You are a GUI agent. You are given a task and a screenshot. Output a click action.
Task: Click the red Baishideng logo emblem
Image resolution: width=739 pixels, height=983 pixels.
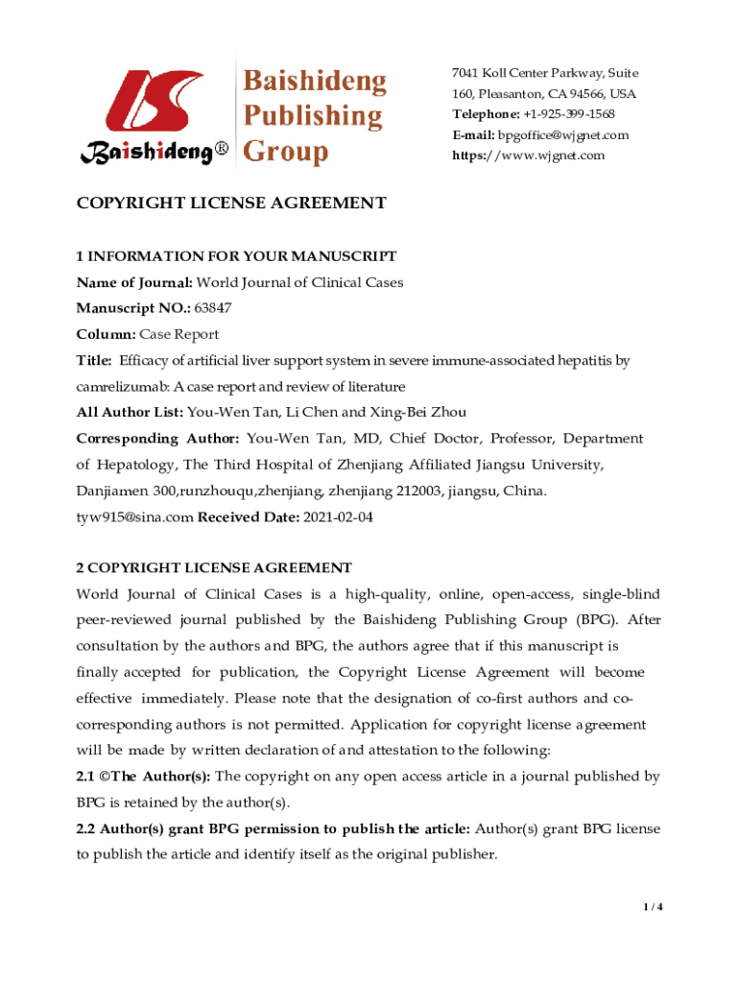tap(153, 103)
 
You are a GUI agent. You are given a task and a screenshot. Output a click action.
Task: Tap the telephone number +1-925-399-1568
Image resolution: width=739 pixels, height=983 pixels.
tap(569, 114)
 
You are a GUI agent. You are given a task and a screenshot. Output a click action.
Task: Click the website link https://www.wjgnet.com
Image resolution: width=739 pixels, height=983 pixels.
tap(529, 156)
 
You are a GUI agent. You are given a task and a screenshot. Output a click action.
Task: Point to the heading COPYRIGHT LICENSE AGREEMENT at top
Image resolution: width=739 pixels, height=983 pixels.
tap(231, 204)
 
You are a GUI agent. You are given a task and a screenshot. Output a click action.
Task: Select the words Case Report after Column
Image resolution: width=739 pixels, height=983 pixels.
tap(179, 334)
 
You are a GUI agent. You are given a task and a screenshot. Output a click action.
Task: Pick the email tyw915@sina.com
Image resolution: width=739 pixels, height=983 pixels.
tap(134, 516)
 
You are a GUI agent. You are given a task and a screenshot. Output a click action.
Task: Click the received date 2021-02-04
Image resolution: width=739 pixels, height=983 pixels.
tap(338, 516)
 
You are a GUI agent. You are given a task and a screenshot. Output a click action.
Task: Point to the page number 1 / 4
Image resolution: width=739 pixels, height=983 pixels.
tap(652, 906)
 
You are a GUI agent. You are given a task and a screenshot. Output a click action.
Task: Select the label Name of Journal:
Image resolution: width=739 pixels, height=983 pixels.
tap(135, 282)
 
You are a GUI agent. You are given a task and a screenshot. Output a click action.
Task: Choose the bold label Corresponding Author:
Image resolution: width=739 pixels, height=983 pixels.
tap(157, 438)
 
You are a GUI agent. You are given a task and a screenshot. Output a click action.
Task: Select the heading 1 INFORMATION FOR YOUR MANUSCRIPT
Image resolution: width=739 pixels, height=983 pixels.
tap(236, 256)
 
